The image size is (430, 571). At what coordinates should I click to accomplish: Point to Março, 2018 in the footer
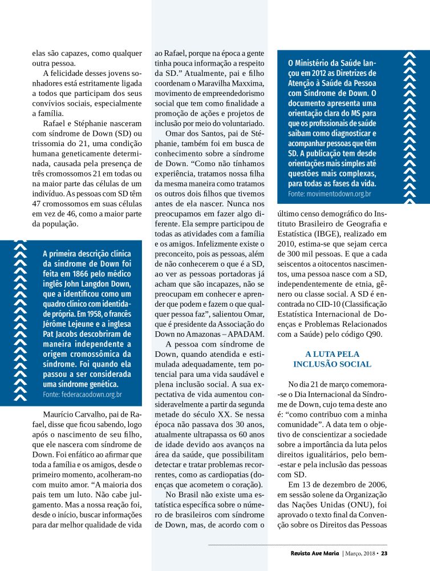pyautogui.click(x=362, y=553)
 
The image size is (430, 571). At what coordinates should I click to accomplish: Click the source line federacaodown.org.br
pyautogui.click(x=82, y=394)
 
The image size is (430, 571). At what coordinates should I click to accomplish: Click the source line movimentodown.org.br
pyautogui.click(x=330, y=194)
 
